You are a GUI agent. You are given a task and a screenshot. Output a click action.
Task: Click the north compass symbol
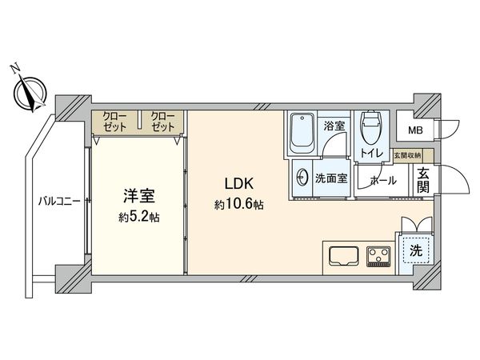click(x=31, y=90)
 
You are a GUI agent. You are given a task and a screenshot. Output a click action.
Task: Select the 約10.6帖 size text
click(x=238, y=205)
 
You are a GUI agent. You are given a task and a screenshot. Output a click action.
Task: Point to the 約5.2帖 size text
click(x=138, y=216)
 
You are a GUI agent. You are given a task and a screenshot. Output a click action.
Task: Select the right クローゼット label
click(x=162, y=122)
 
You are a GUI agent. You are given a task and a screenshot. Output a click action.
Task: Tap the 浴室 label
click(x=334, y=126)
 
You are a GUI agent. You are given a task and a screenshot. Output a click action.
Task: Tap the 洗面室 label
click(x=331, y=178)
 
